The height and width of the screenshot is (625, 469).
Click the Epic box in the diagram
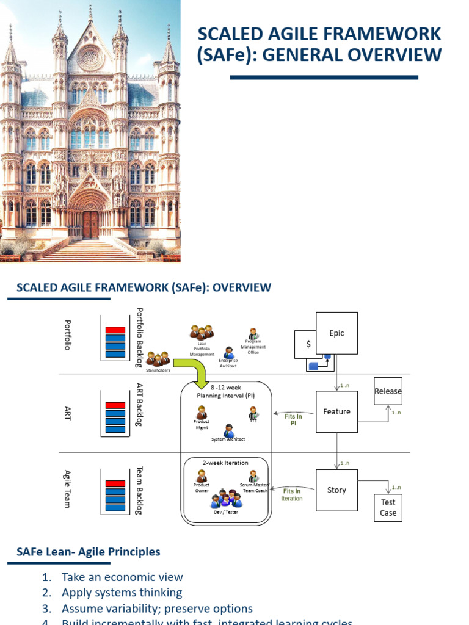336,333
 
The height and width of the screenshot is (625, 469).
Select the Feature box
336,412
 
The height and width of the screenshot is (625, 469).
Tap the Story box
336,490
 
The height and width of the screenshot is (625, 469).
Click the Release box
388,391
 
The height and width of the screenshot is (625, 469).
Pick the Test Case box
388,508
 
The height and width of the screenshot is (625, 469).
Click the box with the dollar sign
308,344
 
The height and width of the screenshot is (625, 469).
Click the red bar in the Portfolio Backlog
115,330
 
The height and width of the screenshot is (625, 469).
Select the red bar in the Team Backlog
115,484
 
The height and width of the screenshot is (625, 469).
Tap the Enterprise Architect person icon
228,353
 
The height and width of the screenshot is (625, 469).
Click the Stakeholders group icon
158,359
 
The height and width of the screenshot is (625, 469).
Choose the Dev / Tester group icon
226,499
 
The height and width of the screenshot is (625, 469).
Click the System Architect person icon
228,430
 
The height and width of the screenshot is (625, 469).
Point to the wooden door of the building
90,225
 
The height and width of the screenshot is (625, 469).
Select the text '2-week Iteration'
225,463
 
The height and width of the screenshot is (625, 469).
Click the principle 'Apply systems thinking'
122,593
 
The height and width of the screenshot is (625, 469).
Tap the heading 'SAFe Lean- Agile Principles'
88,552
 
